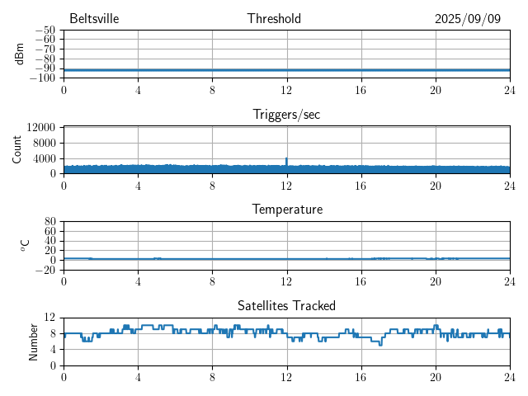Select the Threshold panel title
tap(274, 19)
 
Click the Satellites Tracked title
tap(286, 305)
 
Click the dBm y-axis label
tap(19, 54)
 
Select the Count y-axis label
tap(17, 149)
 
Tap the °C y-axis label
tap(25, 245)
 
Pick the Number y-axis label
tap(34, 341)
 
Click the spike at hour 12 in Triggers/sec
tap(286, 159)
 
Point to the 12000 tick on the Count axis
tap(41, 128)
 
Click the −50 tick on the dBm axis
tap(45, 31)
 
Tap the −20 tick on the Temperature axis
tap(45, 270)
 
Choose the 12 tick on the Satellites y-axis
tap(50, 318)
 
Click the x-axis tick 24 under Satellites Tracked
tap(509, 377)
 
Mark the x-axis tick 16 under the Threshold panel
tap(361, 90)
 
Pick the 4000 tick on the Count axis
tap(45, 158)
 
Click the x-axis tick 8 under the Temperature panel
tap(212, 281)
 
